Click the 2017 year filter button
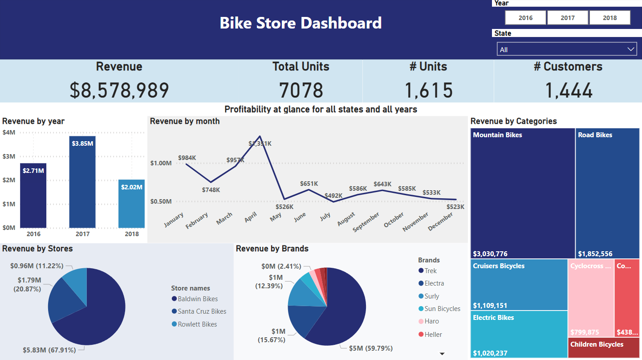tap(568, 18)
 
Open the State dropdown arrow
tap(631, 49)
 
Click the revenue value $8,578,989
tap(119, 90)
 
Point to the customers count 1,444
tap(569, 90)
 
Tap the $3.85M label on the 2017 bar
tap(82, 143)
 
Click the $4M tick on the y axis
tap(9, 132)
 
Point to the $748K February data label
tap(211, 190)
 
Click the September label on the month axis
tap(366, 221)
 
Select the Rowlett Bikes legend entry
tap(197, 324)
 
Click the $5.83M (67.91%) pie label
tap(49, 350)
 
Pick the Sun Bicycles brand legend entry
tap(442, 309)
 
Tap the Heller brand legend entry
tap(433, 335)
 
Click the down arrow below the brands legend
tap(442, 354)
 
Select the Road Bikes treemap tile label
tap(595, 135)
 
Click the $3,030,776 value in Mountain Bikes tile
tap(490, 254)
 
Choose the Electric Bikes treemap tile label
tap(493, 318)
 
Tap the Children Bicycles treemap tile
tap(597, 344)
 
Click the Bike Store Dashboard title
tap(301, 23)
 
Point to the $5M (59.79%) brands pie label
tap(371, 348)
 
